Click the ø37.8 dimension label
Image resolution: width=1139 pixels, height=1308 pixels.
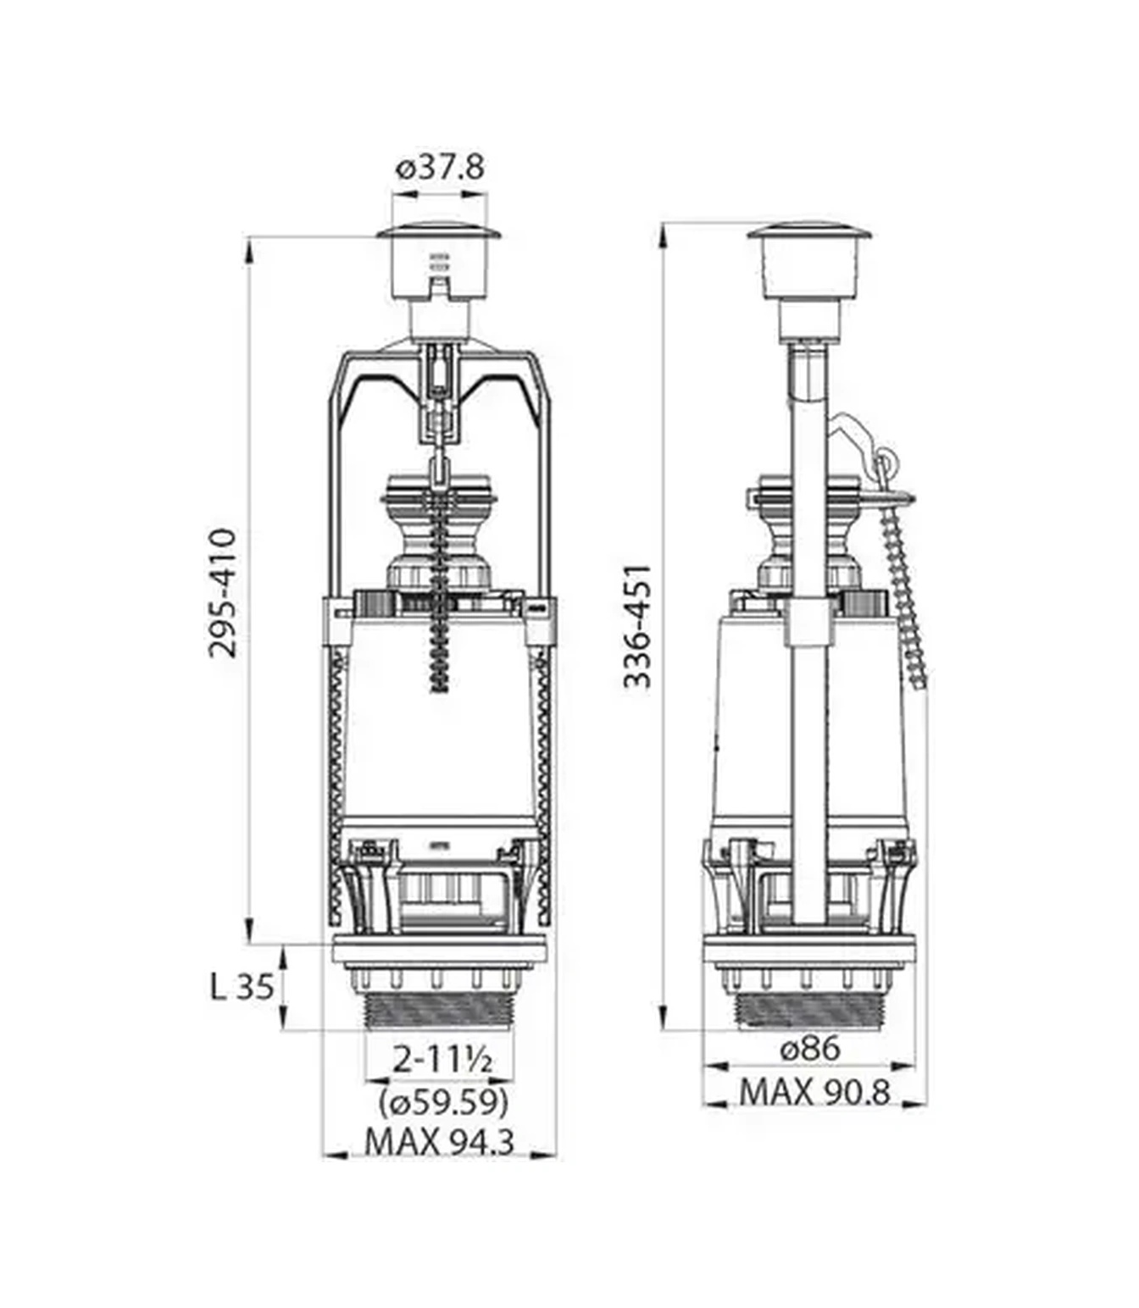(x=440, y=168)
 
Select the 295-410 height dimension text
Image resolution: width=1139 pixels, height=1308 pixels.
(x=223, y=593)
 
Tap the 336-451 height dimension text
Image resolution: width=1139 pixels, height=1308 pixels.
(x=637, y=626)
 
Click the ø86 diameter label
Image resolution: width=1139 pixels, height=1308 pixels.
(x=809, y=1049)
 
